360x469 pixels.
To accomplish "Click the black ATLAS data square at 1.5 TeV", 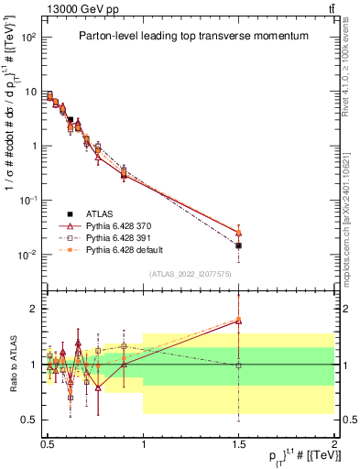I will tap(238, 245).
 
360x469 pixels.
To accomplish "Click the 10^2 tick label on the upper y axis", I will tap(28, 38).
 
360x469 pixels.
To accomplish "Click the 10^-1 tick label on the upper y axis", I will tap(28, 201).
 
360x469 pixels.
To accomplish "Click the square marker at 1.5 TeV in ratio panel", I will tap(238, 365).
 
